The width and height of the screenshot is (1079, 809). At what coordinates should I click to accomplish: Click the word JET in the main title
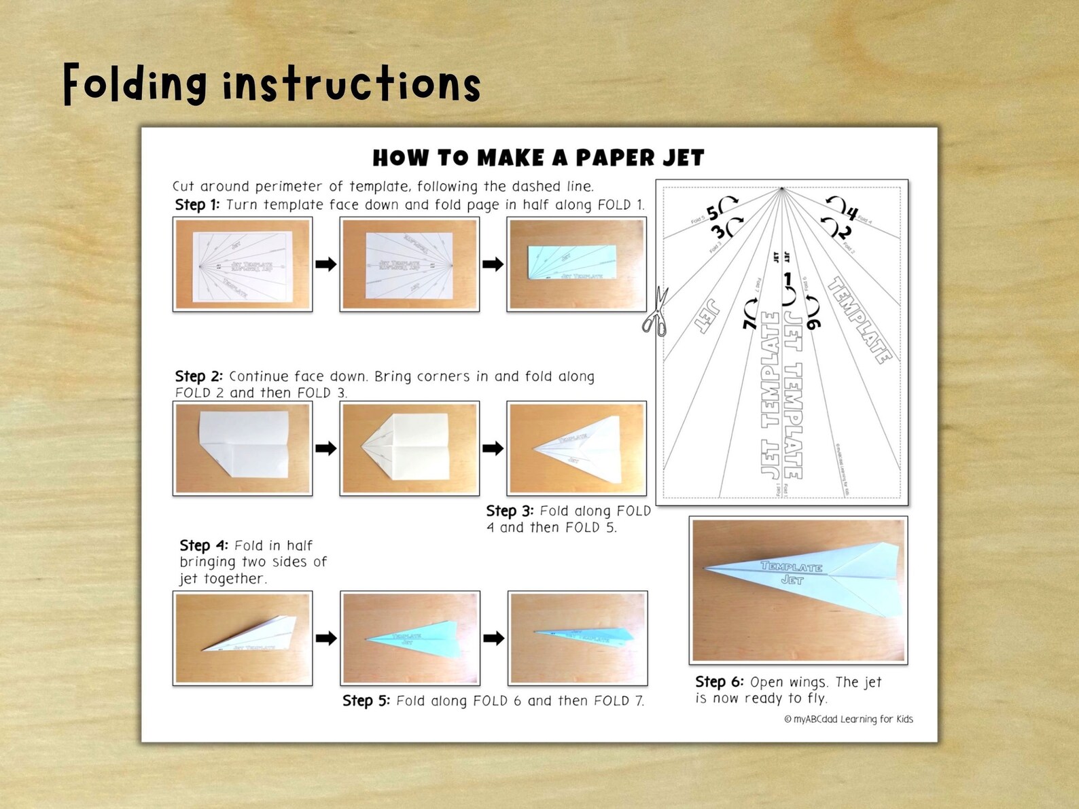point(684,158)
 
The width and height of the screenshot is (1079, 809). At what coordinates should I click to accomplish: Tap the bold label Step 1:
point(197,205)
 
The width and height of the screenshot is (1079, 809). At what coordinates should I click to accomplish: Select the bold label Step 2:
point(198,376)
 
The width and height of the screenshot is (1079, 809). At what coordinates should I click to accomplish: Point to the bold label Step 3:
point(510,511)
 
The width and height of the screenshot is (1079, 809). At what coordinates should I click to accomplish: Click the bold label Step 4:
point(203,545)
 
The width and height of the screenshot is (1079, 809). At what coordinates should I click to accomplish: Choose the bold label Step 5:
point(366,701)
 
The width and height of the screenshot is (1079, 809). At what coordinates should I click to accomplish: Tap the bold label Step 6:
point(719,682)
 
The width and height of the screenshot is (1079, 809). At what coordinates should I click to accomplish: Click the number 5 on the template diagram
point(712,213)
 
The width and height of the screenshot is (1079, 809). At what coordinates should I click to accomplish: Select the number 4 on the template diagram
point(851,213)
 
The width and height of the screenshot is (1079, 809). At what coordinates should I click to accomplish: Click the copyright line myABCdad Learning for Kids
point(849,719)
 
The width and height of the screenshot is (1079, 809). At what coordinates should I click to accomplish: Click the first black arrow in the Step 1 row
point(326,264)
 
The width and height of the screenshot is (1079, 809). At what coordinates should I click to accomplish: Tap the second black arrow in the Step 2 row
point(493,448)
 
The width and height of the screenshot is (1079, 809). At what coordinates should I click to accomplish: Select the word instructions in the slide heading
point(352,86)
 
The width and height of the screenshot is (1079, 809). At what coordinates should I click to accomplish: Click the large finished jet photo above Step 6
point(798,590)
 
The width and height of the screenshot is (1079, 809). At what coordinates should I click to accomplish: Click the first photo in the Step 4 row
point(243,638)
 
